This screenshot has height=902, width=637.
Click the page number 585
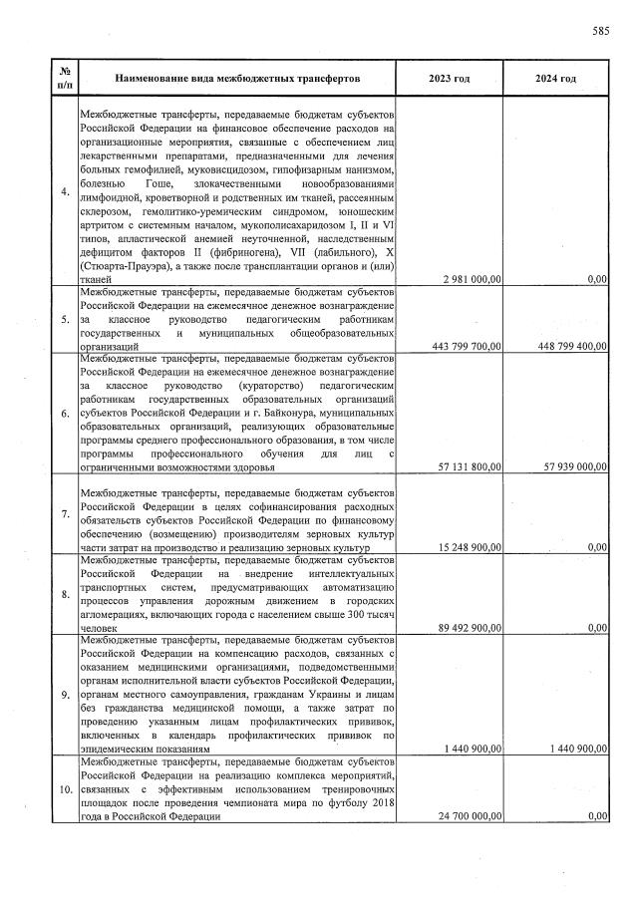[x=600, y=31]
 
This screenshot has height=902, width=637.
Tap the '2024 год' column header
[x=555, y=78]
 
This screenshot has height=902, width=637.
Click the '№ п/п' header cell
[x=65, y=78]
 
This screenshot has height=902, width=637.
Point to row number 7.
[x=65, y=513]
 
